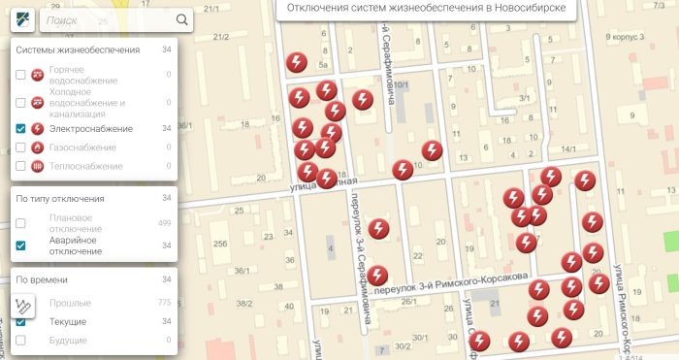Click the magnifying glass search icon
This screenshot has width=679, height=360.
coord(182,19)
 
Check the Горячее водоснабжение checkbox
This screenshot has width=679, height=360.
coord(21,75)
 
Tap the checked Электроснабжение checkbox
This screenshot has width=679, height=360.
coord(21,128)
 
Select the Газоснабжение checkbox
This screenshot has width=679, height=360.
coord(21,147)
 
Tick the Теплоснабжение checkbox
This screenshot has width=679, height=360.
coord(21,167)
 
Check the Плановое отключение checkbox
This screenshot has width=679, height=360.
coord(21,223)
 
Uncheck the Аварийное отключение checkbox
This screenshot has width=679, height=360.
coord(21,245)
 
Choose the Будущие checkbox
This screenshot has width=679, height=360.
coord(21,341)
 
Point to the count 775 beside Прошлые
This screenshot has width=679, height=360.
coord(164,304)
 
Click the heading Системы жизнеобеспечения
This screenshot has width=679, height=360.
coord(78,50)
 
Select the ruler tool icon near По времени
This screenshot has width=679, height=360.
coord(24,305)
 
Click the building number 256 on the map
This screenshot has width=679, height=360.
coord(221,243)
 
